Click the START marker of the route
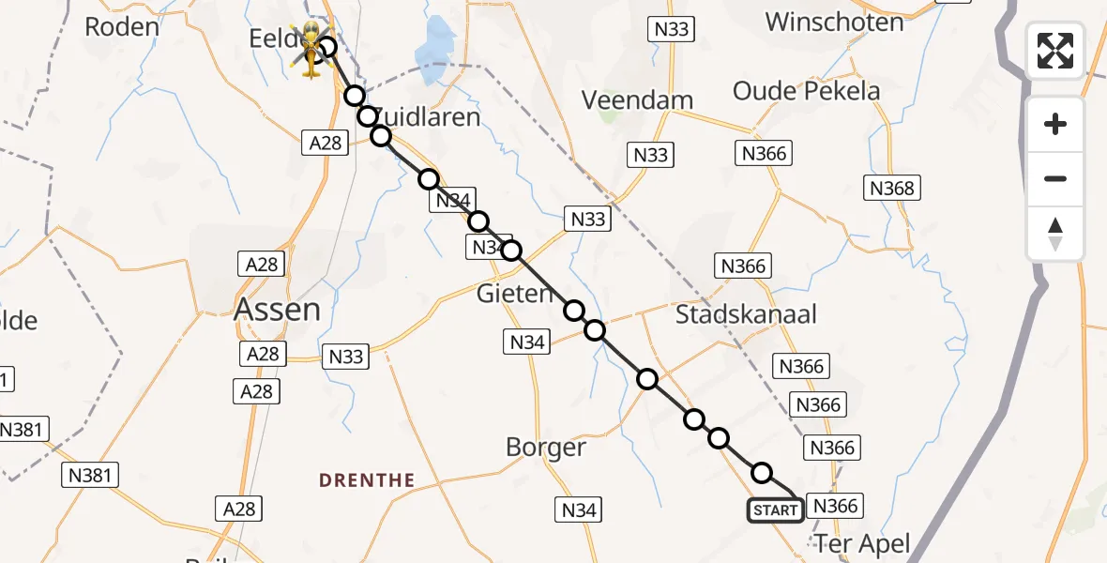[775, 510]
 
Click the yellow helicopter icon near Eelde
[311, 51]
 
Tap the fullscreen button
[1055, 51]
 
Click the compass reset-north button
[1055, 234]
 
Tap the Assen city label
[277, 309]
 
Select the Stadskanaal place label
[746, 314]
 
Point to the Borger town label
[545, 448]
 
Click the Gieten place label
[515, 294]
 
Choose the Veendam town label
[637, 100]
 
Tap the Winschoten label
[834, 22]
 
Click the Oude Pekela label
[807, 91]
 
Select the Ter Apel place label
[862, 543]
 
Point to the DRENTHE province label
[367, 480]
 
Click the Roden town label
[122, 26]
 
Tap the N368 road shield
[891, 188]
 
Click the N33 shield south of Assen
[345, 357]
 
